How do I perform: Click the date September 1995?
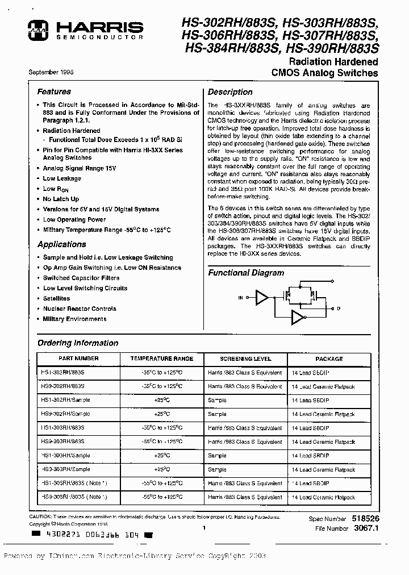click(x=51, y=72)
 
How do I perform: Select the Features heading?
click(x=54, y=91)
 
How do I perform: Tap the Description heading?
click(x=230, y=92)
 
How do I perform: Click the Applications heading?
click(x=61, y=244)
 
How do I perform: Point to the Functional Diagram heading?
click(x=245, y=273)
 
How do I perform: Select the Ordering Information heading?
click(x=78, y=343)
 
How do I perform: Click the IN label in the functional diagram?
click(x=240, y=297)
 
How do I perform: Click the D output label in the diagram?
click(x=339, y=309)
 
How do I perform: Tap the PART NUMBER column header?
click(x=78, y=359)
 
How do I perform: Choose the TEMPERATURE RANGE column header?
click(x=162, y=359)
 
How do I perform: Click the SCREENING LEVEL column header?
click(x=245, y=359)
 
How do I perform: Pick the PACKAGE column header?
click(x=329, y=359)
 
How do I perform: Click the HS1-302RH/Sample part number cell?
click(x=66, y=400)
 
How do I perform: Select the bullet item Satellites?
click(x=56, y=298)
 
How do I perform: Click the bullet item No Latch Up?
click(x=61, y=199)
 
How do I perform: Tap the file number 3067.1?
click(x=366, y=528)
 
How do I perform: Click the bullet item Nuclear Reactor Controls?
click(x=80, y=309)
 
